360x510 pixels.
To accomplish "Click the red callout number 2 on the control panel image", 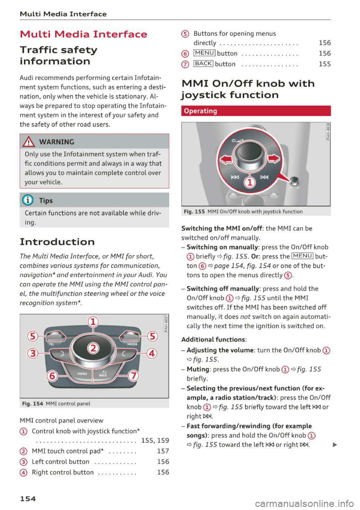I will (93, 348).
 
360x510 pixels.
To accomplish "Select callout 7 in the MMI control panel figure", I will (133, 375).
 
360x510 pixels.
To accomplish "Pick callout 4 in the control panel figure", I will (152, 353).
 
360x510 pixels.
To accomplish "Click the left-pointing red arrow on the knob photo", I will (226, 159).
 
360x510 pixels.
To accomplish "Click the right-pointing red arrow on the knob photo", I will (274, 159).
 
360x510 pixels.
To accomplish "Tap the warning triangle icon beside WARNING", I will (29, 142).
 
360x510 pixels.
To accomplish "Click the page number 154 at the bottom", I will (28, 498).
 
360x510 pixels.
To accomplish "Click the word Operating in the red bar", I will (200, 111).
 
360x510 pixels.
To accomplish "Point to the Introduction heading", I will (57, 242).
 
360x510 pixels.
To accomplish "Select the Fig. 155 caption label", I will (194, 211).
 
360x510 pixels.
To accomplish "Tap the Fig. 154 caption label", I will (33, 404).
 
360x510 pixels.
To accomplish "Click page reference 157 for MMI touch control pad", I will (163, 451).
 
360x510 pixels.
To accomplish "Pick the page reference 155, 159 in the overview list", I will (155, 440).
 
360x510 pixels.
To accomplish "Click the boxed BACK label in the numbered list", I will (203, 64).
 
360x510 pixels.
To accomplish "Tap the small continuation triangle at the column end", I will (334, 445).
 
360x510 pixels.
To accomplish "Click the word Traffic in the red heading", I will (37, 50).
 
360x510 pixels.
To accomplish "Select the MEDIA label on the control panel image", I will (132, 344).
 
